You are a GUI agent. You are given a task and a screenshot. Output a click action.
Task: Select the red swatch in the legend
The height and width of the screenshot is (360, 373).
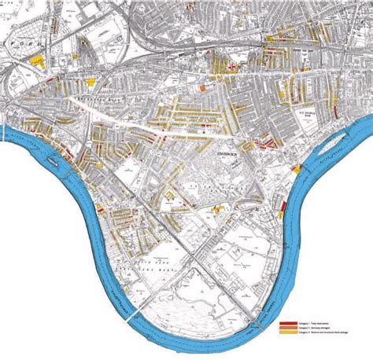(x=286, y=323)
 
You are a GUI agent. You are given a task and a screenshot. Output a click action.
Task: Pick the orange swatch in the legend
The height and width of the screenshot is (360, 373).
(x=286, y=329)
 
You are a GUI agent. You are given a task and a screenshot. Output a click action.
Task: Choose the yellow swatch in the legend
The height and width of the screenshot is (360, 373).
(x=286, y=334)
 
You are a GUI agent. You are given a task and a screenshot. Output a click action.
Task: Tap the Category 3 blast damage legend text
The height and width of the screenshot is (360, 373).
(x=315, y=334)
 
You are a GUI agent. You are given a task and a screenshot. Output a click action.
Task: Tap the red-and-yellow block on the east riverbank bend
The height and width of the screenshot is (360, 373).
(x=297, y=168)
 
